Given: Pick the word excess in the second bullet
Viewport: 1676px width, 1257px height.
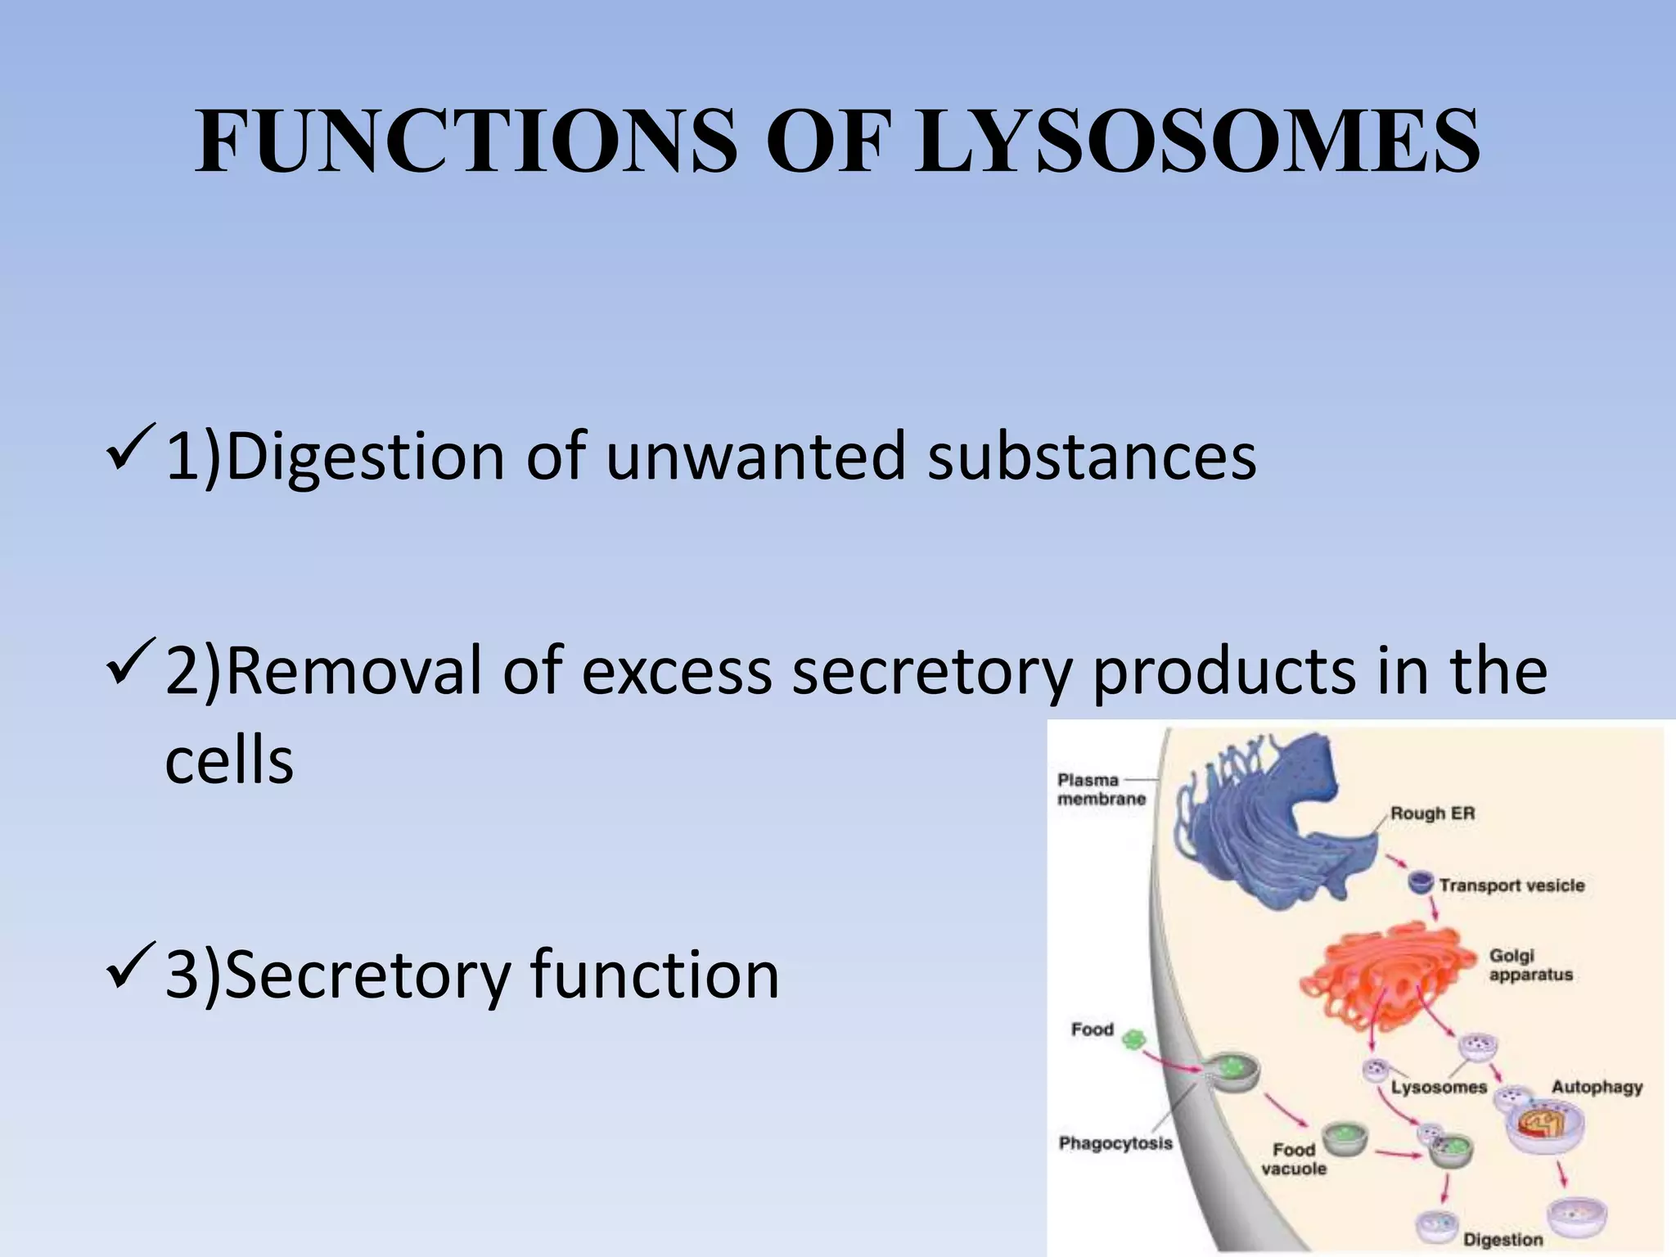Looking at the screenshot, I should pos(676,672).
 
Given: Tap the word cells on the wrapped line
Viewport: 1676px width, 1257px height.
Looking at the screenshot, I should pos(229,761).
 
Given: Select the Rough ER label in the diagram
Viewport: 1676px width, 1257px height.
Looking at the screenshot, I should pos(1432,814).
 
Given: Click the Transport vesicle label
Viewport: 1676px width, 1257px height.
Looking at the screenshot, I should pos(1512,885).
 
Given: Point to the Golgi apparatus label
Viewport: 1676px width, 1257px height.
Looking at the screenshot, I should pos(1530,965).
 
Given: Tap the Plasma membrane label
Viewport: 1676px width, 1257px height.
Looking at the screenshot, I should pos(1101,790).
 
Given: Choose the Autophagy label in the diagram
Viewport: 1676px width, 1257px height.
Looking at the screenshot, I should pos(1597,1088).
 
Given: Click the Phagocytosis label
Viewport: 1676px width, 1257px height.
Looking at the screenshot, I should pos(1115,1143).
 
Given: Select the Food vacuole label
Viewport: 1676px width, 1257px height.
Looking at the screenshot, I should pos(1293,1160).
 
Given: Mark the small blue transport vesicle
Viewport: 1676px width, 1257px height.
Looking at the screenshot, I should pos(1420,882).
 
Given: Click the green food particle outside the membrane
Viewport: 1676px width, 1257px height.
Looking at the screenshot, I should pos(1133,1040).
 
